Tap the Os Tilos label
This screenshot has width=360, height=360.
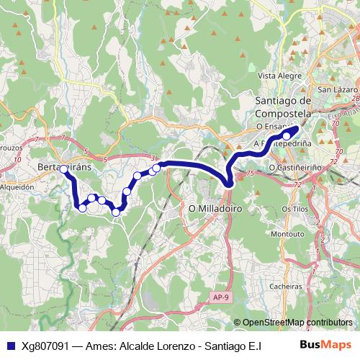click(295, 208)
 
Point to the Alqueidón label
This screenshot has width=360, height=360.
click(17, 186)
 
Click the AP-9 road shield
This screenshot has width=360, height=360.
click(222, 297)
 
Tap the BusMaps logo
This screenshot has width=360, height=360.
click(326, 345)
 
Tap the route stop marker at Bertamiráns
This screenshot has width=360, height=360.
click(64, 170)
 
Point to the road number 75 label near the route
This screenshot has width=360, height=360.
click(250, 174)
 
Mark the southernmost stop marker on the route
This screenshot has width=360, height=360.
click(116, 212)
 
